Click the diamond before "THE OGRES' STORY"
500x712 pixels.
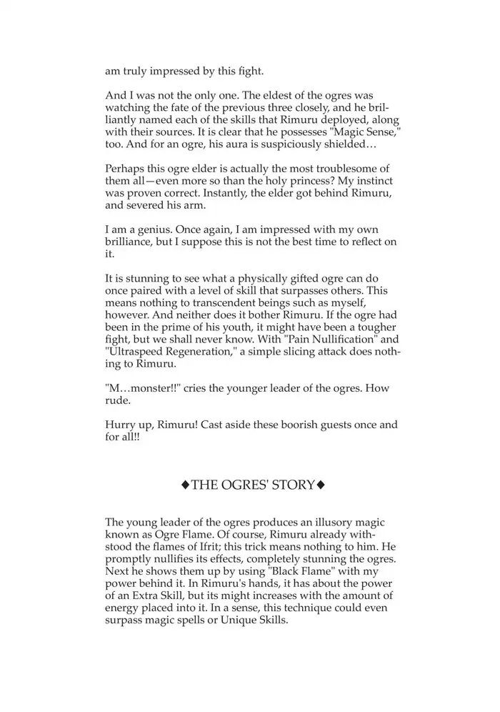185,485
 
